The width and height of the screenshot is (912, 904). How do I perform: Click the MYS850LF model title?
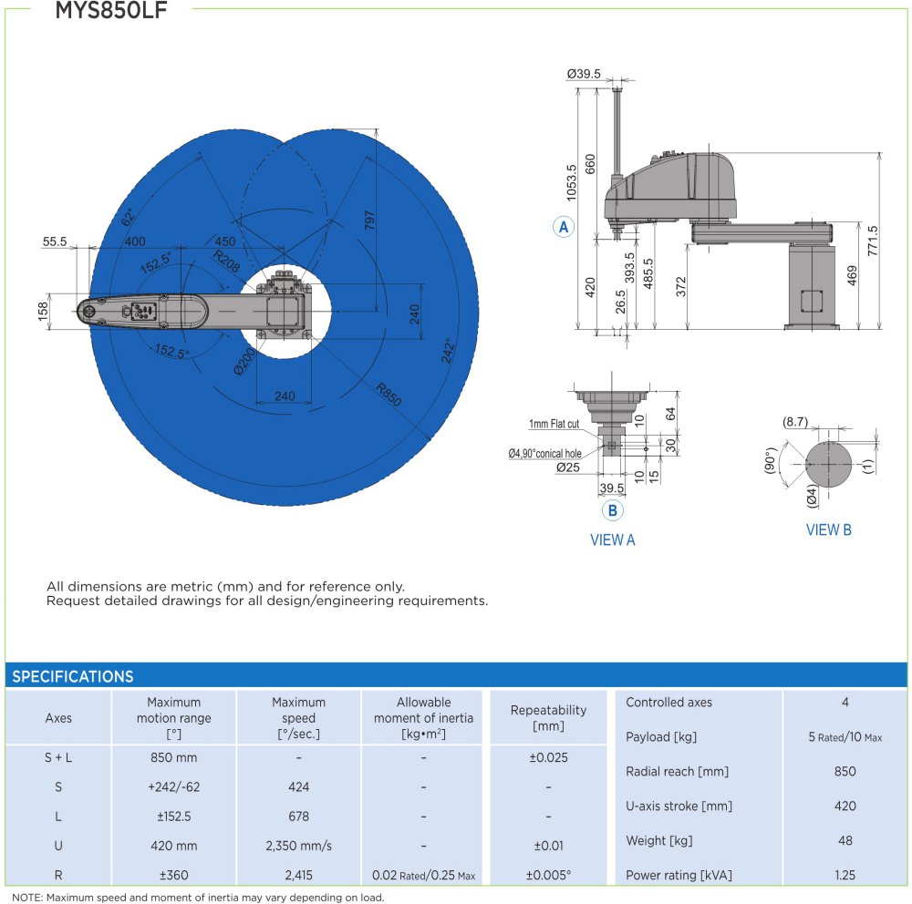pos(111,10)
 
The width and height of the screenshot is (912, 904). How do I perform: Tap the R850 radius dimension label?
pos(389,395)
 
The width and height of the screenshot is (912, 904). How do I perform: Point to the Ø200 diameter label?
pos(244,362)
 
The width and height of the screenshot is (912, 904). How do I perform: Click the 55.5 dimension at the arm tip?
pos(55,241)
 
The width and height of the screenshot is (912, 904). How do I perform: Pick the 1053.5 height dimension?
pos(571,182)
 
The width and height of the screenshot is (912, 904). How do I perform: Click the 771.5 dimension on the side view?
pos(873,240)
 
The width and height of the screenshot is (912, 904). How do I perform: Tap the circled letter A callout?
pos(563,227)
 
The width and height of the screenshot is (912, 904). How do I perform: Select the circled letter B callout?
pos(612,510)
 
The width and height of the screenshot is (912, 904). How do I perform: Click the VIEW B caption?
pos(828,529)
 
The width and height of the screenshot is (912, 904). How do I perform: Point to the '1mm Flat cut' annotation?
pos(554,424)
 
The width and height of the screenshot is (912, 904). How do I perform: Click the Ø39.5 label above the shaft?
pos(584,74)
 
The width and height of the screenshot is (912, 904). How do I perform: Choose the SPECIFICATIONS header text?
pos(73,676)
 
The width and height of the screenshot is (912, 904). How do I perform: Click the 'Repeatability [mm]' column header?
pos(548,717)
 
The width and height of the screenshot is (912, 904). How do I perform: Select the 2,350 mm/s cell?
pos(298,846)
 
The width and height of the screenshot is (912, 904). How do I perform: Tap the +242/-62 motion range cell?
pos(174,786)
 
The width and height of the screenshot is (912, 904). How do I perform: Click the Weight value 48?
pos(845,840)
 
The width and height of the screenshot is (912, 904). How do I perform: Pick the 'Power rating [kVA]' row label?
pos(679,875)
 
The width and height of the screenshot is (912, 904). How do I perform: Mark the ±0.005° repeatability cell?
pos(548,875)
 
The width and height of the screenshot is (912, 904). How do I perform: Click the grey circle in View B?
pos(829,464)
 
